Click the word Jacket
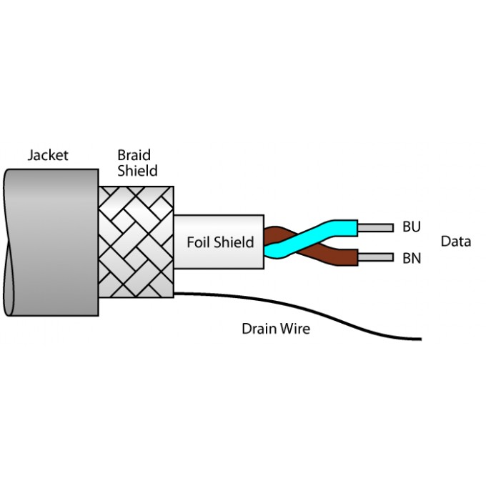click(48, 155)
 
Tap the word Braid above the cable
click(134, 155)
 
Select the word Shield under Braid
click(137, 172)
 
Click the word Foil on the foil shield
click(199, 242)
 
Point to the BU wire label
click(411, 227)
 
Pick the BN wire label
click(412, 257)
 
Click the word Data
click(455, 242)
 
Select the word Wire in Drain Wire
click(295, 329)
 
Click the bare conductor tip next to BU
click(375, 228)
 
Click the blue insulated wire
click(336, 227)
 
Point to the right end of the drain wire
click(419, 339)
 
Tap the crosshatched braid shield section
click(136, 243)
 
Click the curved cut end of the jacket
click(9, 243)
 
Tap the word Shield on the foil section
click(235, 242)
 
